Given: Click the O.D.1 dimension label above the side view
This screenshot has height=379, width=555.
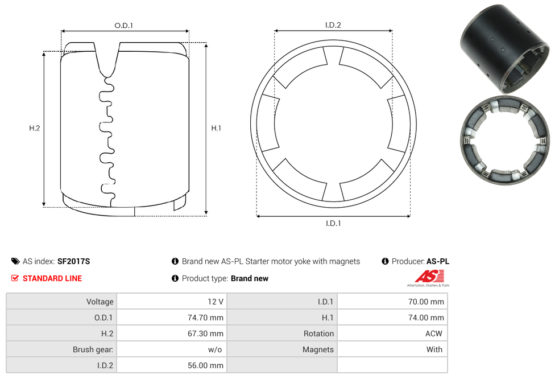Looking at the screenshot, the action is pos(123,26).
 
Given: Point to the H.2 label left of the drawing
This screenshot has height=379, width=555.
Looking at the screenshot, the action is pos(34,128).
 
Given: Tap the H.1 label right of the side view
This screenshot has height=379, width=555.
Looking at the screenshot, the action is pos(216,128).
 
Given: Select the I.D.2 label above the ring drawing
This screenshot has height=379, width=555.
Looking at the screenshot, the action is pos(333,25).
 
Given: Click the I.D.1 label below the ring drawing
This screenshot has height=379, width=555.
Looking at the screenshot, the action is pos(333,223).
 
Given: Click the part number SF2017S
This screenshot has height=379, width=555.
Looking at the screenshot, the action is pos(73,261).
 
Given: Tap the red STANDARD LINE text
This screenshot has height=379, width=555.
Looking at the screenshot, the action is pos(52,278).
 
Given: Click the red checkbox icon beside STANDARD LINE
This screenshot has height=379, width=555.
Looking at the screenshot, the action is pos(15,278).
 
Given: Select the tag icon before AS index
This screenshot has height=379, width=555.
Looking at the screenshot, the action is pos(15,261).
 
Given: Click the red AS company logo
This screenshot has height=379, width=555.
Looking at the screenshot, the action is pos(429,277).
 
